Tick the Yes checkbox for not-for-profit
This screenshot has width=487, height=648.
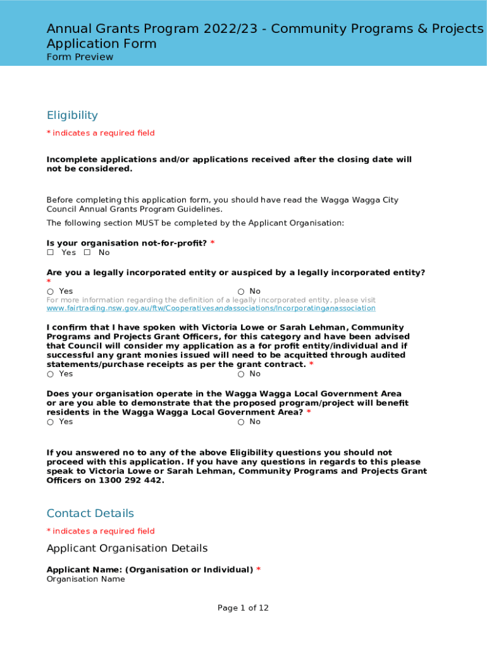click(51, 252)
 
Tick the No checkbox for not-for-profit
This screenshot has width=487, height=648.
click(87, 252)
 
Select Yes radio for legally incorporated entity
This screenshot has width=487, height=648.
click(50, 292)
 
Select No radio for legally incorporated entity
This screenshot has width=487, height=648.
click(241, 292)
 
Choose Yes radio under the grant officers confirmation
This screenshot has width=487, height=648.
click(50, 374)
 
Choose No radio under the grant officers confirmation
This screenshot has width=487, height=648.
click(241, 374)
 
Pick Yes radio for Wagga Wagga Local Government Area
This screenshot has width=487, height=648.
click(50, 422)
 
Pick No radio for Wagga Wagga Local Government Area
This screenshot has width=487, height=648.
click(241, 422)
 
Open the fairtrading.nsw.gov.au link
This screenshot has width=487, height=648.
click(211, 308)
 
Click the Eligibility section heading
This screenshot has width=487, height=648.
click(72, 115)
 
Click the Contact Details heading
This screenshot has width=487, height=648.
click(90, 513)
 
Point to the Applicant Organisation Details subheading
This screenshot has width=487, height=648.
click(127, 548)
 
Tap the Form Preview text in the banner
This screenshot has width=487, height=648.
click(80, 57)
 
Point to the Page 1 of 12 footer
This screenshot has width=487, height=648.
click(244, 608)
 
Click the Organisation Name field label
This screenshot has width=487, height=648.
click(86, 579)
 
